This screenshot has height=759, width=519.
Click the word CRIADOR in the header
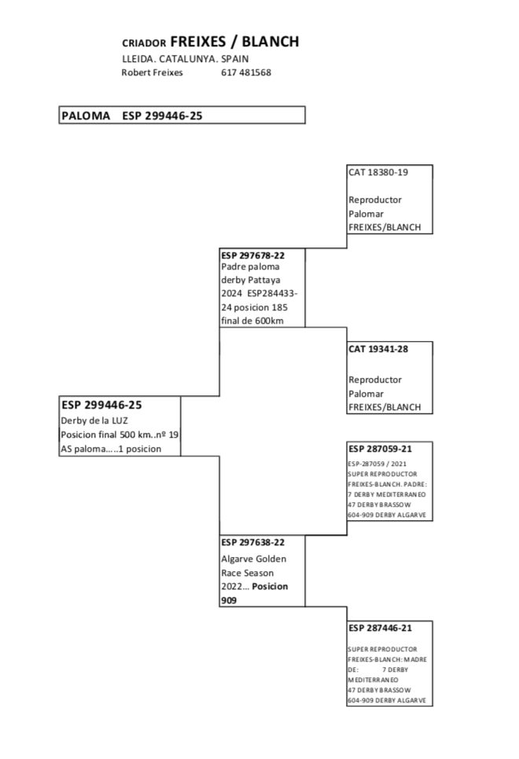pyautogui.click(x=144, y=43)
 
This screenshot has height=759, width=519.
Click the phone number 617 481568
pyautogui.click(x=246, y=72)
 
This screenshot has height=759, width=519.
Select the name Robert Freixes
pyautogui.click(x=152, y=72)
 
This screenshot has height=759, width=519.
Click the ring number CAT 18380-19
pyautogui.click(x=379, y=171)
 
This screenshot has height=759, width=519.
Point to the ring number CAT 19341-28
pyautogui.click(x=380, y=350)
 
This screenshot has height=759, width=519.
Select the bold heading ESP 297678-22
pyautogui.click(x=252, y=255)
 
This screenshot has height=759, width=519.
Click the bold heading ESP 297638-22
pyautogui.click(x=252, y=542)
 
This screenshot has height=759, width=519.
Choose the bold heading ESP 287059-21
pyautogui.click(x=380, y=449)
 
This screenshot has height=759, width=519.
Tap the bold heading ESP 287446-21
pyautogui.click(x=380, y=628)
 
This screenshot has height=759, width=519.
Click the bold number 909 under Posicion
pyautogui.click(x=229, y=600)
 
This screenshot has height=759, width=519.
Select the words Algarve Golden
pyautogui.click(x=254, y=559)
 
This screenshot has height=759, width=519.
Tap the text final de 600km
pyautogui.click(x=252, y=321)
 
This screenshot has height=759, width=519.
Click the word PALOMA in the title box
pyautogui.click(x=86, y=115)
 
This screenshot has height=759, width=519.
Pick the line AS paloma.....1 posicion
pyautogui.click(x=111, y=449)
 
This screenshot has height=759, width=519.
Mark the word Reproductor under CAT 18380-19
pyautogui.click(x=374, y=200)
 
